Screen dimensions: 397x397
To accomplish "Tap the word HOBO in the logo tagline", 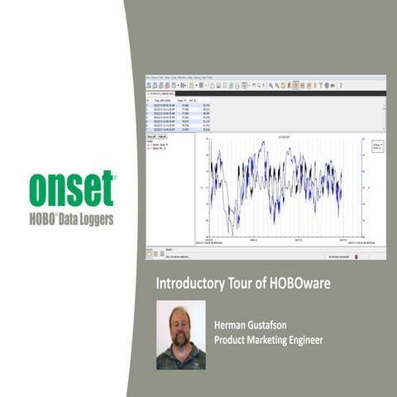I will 48,219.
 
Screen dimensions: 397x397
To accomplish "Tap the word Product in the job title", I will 234,339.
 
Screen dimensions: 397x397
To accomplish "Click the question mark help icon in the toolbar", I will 340,84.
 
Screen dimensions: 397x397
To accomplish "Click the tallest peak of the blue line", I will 262,144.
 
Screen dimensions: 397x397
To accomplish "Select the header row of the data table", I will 178,100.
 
